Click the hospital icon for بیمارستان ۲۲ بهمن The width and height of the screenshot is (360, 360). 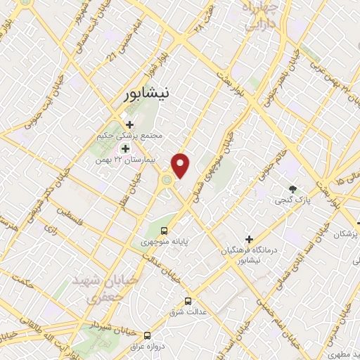[x=126, y=148]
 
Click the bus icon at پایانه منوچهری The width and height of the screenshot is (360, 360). [x=165, y=230]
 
